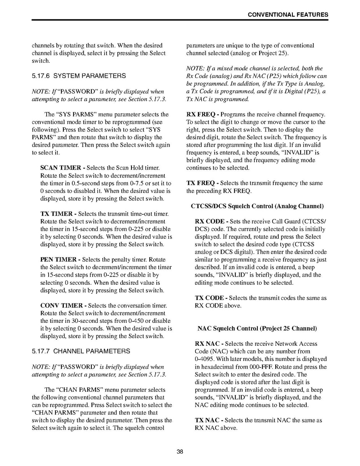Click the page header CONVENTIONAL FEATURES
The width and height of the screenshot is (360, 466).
[288, 15]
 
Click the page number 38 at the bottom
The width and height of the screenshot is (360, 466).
[180, 452]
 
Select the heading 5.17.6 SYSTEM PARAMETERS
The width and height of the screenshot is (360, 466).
[79, 76]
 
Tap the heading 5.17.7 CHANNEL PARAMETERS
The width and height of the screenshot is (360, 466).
[81, 351]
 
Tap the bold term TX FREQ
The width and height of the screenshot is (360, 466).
[201, 183]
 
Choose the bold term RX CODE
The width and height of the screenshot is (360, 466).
[210, 221]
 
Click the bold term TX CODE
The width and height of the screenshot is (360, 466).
[209, 298]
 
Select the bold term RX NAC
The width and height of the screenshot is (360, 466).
[208, 344]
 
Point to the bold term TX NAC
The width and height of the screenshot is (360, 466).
[207, 420]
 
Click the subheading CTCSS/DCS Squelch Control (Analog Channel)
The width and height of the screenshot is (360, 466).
[257, 206]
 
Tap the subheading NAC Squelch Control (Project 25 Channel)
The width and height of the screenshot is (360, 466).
[257, 329]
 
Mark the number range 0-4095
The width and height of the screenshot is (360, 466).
[203, 359]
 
